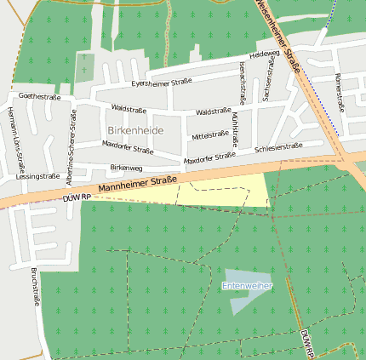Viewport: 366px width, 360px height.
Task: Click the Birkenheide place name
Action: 135,129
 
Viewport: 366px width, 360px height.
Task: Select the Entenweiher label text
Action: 247,286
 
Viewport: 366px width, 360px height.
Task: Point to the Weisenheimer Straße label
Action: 282,34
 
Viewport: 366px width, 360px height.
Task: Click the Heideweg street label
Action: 265,54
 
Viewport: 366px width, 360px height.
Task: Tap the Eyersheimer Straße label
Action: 161,83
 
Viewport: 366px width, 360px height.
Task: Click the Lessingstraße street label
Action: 37,176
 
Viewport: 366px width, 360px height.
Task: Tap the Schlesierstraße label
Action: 278,147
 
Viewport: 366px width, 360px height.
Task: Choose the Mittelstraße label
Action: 210,134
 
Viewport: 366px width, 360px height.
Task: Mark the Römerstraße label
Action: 340,92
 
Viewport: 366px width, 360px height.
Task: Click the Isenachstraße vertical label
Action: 243,78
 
